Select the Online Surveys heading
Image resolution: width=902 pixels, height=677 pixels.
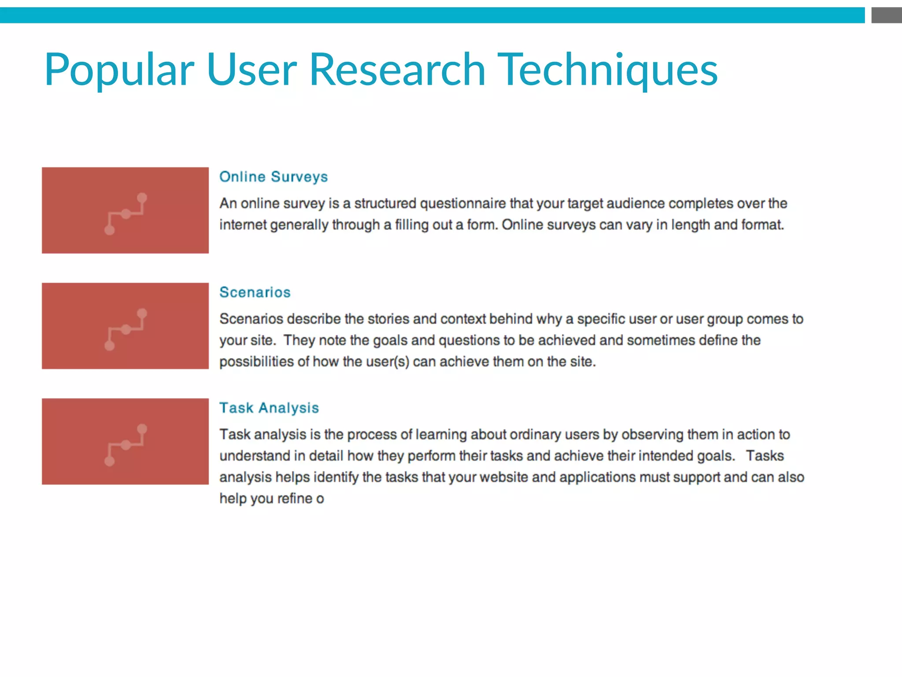point(274,177)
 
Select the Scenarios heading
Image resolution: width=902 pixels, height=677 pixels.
point(255,292)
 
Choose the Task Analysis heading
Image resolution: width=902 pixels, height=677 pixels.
point(269,408)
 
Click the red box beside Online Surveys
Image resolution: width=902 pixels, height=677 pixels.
point(125,210)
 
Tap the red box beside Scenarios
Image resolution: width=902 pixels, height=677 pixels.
point(125,326)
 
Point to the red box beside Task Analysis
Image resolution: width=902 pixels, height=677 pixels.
point(125,441)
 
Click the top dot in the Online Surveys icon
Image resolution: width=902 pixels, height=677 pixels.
point(142,198)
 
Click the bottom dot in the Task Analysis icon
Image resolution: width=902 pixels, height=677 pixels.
point(110,461)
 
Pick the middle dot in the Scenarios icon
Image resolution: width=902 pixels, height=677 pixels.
point(126,329)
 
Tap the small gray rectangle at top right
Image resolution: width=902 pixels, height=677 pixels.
point(886,15)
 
